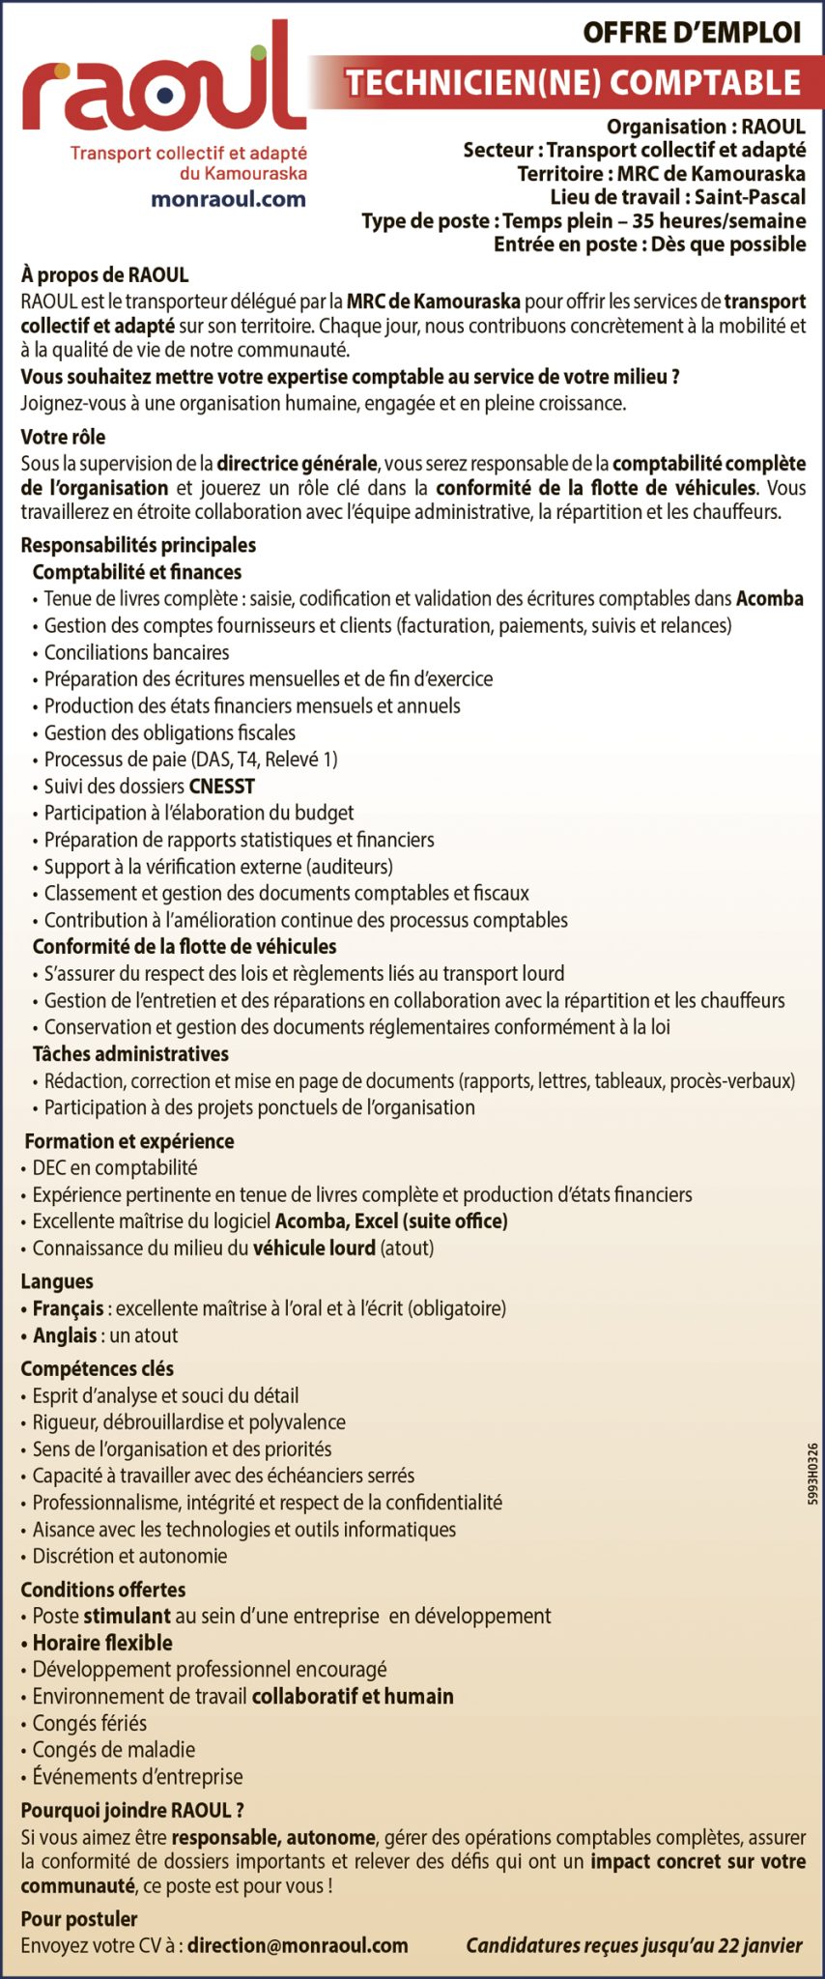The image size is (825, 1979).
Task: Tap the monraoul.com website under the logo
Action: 228,199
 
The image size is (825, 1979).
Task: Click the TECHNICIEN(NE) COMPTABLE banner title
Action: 574,83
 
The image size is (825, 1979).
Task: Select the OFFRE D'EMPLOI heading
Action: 691,33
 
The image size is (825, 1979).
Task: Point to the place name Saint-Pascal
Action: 750,197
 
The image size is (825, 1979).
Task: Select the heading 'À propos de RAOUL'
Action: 104,275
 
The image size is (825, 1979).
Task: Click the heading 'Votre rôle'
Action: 63,437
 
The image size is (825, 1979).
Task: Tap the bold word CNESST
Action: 222,787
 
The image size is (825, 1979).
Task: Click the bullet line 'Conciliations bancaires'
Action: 136,652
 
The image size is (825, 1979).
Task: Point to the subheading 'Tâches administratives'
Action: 130,1053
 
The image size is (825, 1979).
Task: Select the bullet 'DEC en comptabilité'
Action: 114,1167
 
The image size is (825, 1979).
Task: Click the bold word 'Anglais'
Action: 64,1335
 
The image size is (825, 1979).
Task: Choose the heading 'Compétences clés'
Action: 97,1368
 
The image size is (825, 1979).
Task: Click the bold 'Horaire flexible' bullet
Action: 102,1643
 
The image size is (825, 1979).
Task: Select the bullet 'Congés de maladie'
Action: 113,1749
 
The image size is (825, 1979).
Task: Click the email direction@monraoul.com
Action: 298,1945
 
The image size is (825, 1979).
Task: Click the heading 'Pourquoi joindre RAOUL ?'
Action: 131,1810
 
